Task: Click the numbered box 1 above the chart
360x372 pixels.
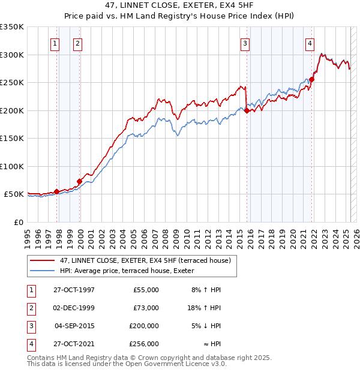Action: pos(55,43)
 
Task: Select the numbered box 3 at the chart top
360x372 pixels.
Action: pos(245,43)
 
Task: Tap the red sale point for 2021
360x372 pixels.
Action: pos(313,79)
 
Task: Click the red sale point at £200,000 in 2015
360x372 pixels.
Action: pos(247,110)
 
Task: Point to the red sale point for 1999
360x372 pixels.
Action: pos(79,181)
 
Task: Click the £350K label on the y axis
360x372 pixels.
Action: pos(12,27)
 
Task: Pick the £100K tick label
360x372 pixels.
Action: pos(12,166)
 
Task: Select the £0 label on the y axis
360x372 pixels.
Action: pos(18,222)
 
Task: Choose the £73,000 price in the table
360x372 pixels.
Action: pos(146,308)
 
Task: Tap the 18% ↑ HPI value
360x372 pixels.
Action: pos(206,308)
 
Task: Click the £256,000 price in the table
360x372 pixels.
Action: pos(144,344)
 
